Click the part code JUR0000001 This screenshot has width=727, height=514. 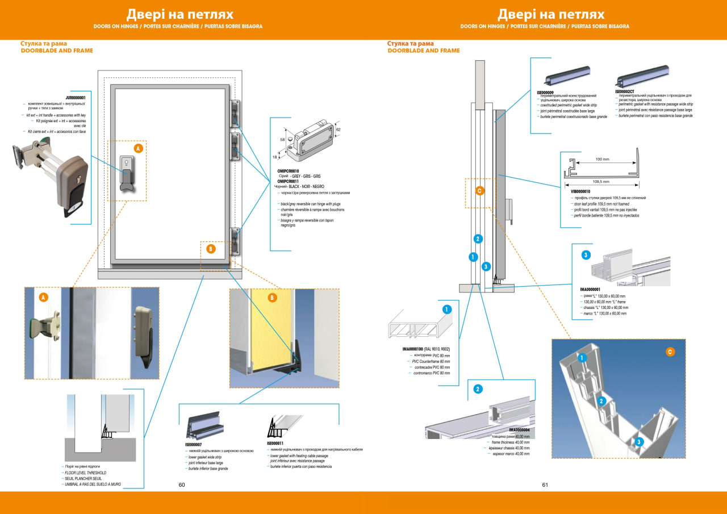[76, 98]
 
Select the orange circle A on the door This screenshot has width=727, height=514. [137, 148]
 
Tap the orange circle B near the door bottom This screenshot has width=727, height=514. [211, 248]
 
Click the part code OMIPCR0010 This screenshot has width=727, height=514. [287, 170]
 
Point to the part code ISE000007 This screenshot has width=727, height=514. [193, 445]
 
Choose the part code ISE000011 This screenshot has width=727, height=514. [275, 443]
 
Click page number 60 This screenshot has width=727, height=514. [182, 485]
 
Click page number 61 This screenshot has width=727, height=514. [545, 485]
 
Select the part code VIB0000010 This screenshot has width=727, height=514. [579, 191]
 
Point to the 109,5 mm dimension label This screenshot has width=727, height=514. [600, 182]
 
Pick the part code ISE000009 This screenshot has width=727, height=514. [545, 91]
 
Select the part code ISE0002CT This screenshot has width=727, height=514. [626, 91]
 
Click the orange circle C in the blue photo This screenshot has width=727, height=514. [670, 352]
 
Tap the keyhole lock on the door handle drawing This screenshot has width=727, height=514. [126, 165]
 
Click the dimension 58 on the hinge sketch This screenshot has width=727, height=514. [283, 139]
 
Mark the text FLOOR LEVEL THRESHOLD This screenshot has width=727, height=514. [85, 473]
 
